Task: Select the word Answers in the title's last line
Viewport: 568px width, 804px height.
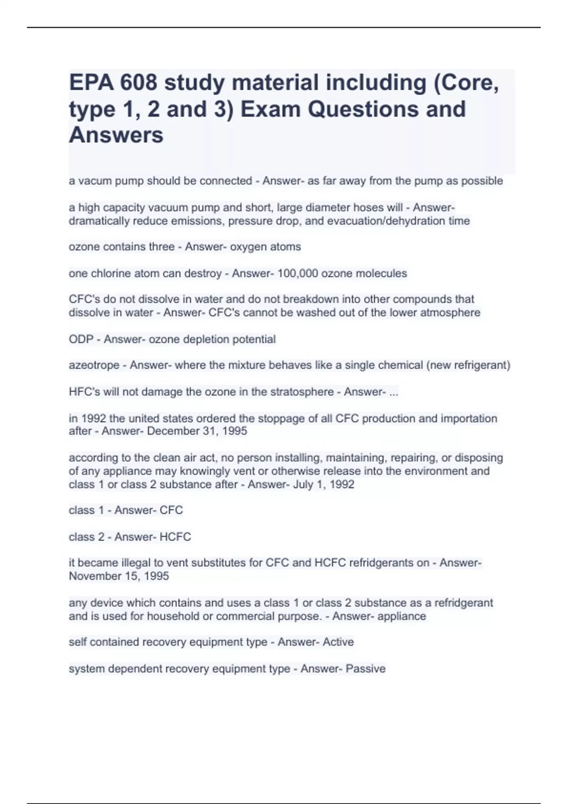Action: (x=116, y=135)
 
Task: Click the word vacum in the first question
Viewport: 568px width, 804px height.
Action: (x=93, y=181)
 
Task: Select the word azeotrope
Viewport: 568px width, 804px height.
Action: (x=94, y=366)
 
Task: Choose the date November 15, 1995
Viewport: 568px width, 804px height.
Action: (x=119, y=576)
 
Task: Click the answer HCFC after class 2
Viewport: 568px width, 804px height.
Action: (x=175, y=537)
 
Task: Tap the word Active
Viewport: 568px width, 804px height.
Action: (x=338, y=642)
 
